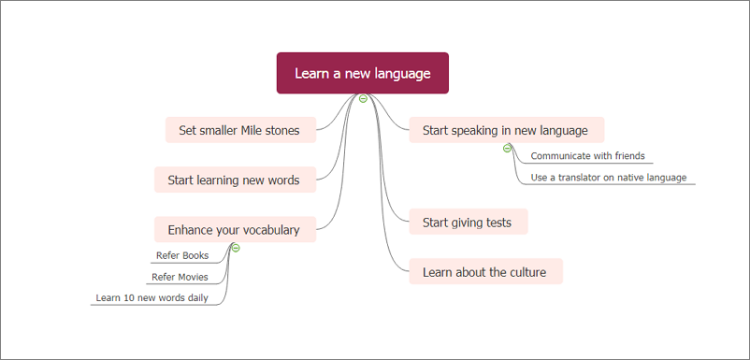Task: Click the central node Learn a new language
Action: (x=363, y=73)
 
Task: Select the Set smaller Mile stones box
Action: (x=240, y=130)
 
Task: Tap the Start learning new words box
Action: (x=235, y=180)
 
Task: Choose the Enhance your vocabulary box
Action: (x=235, y=229)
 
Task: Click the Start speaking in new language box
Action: (x=507, y=130)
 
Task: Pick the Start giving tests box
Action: (x=469, y=222)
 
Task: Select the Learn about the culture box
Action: (x=486, y=271)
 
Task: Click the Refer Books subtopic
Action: (x=182, y=256)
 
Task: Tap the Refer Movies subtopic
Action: (x=180, y=277)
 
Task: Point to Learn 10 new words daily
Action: (x=152, y=298)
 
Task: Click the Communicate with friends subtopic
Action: (x=588, y=156)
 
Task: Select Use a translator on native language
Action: (x=609, y=178)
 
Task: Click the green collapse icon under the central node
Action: (x=363, y=99)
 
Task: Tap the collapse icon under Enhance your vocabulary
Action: (x=236, y=248)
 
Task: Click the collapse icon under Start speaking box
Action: (x=507, y=148)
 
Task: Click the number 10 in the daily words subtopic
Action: (x=128, y=298)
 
